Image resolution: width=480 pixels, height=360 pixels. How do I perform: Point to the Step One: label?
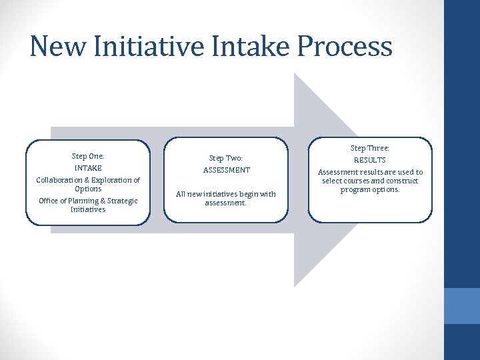[88, 156]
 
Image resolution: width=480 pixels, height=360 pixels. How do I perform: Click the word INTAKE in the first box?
[88, 168]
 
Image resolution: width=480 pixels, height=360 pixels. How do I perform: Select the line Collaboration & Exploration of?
[88, 180]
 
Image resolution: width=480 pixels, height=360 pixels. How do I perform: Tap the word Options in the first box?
[88, 189]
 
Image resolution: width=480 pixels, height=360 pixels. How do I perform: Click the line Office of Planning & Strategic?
[88, 201]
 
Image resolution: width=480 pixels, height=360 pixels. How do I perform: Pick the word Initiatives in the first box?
[88, 209]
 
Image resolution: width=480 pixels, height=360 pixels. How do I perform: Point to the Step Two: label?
[226, 158]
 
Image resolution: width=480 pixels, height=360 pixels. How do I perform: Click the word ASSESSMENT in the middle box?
[226, 170]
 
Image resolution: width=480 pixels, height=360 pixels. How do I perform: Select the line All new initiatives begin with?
[226, 194]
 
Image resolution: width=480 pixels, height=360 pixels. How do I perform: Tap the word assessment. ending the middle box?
[226, 203]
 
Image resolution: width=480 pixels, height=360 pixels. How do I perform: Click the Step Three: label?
[370, 148]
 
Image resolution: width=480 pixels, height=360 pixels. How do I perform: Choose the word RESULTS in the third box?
[370, 160]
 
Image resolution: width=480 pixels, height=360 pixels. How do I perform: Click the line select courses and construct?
[370, 181]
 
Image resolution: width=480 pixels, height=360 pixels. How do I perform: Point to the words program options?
[370, 189]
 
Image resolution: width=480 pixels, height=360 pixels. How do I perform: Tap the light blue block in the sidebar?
[462, 305]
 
